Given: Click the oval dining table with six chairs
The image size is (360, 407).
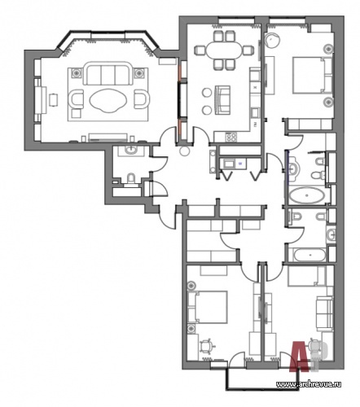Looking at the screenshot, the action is pyautogui.click(x=224, y=50).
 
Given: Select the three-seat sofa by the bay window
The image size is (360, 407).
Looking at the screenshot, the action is pyautogui.click(x=108, y=73).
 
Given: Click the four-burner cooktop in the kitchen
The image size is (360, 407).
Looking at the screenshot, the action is pyautogui.click(x=231, y=137).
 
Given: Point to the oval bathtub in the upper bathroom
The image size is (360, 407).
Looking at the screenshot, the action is pyautogui.click(x=306, y=195).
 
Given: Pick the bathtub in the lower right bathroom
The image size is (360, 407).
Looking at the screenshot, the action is pyautogui.click(x=310, y=255).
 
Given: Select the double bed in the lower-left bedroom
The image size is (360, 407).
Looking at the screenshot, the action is pyautogui.click(x=208, y=307).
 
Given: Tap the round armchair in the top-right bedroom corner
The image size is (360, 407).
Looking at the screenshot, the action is pyautogui.click(x=272, y=41).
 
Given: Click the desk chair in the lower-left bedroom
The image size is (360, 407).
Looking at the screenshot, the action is pyautogui.click(x=206, y=346).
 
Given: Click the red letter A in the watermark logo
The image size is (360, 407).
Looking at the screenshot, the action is pyautogui.click(x=300, y=355).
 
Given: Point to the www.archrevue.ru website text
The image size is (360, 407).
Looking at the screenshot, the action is pyautogui.click(x=309, y=384).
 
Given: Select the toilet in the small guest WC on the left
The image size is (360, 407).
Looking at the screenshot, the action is pyautogui.click(x=131, y=179).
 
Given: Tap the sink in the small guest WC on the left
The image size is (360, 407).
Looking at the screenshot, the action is pyautogui.click(x=132, y=150).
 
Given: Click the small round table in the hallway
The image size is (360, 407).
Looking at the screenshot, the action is pyautogui.click(x=185, y=151).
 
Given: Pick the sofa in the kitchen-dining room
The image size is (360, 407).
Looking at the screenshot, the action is pyautogui.click(x=222, y=100).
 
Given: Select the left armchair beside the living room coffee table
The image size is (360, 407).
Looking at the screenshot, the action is pyautogui.click(x=76, y=98).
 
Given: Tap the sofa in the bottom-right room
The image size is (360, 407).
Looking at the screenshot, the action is pyautogui.click(x=324, y=313).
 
